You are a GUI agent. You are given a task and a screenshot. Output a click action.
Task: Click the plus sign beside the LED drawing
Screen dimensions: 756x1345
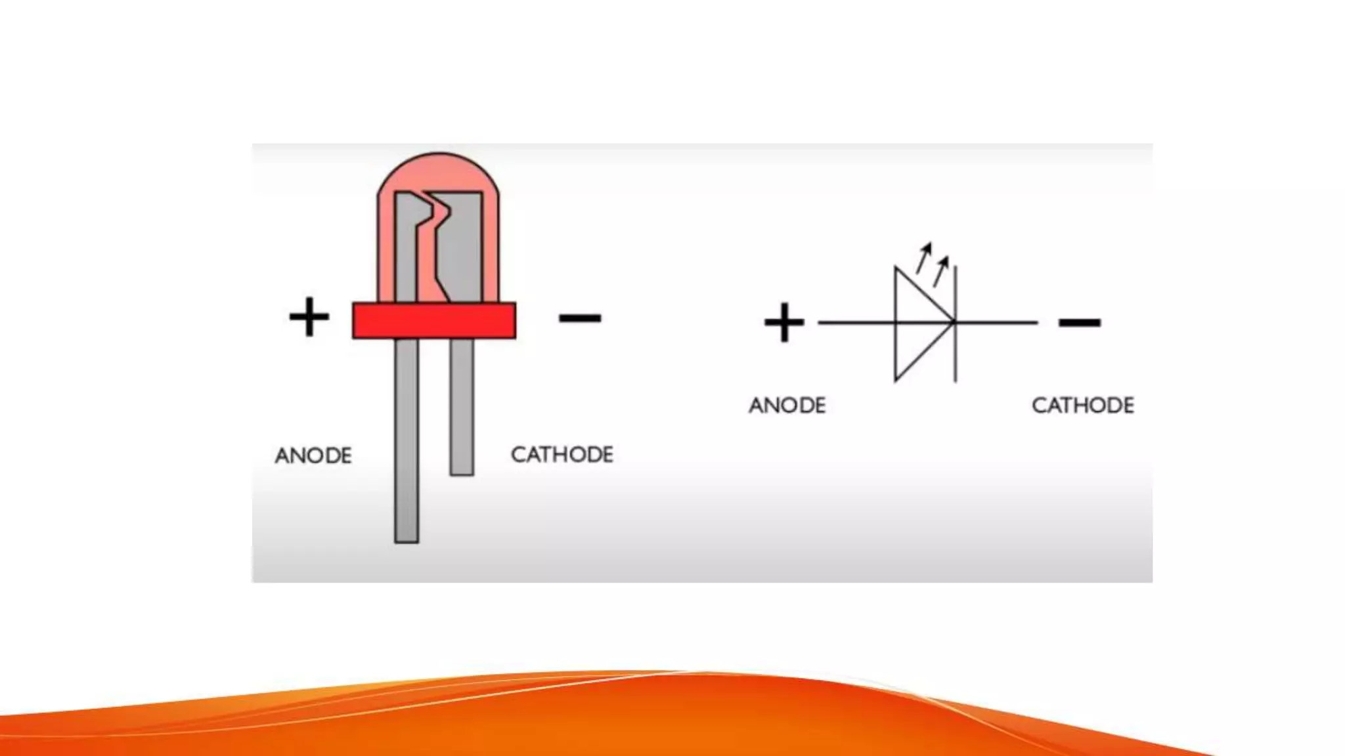(x=309, y=317)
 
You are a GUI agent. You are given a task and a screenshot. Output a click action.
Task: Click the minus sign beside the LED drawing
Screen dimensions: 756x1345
(x=580, y=318)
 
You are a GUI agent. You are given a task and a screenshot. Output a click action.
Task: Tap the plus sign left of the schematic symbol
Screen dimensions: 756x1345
(x=783, y=322)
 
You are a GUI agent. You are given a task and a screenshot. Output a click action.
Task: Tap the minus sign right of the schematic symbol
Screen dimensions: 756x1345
(x=1079, y=322)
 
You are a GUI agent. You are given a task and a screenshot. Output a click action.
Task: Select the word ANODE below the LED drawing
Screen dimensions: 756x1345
(x=313, y=455)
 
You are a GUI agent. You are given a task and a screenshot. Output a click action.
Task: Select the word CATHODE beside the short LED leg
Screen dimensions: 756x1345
(x=562, y=454)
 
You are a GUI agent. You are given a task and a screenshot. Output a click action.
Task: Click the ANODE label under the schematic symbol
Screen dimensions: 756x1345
(x=787, y=406)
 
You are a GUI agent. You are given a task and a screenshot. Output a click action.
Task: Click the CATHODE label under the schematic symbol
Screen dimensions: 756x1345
(x=1083, y=406)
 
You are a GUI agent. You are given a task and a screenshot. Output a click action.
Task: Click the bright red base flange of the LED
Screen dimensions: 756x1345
(x=434, y=320)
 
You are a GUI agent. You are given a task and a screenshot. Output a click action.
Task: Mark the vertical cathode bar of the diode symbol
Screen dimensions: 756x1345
(x=956, y=354)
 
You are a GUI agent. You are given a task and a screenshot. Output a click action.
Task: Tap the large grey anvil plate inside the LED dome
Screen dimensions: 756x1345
(x=463, y=249)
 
